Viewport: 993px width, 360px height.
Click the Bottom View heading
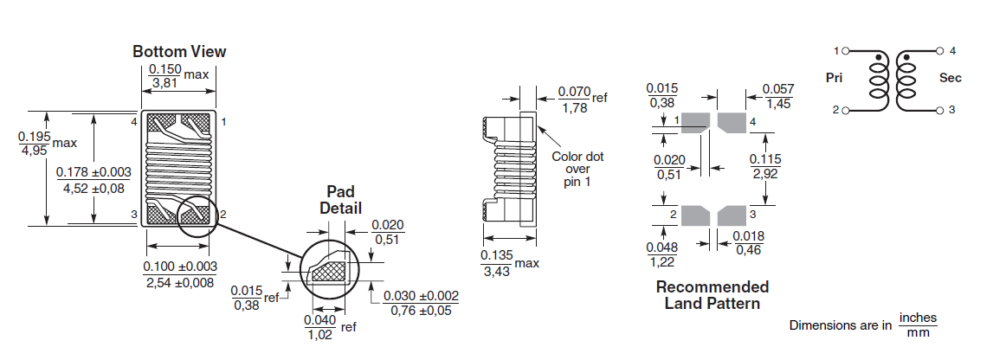[179, 51]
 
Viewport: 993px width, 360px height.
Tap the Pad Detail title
[341, 199]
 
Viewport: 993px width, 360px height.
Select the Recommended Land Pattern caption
[713, 295]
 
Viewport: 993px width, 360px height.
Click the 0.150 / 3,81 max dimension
[178, 75]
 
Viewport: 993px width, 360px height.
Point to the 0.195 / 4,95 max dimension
[47, 143]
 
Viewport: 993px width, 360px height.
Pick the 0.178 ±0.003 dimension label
[93, 172]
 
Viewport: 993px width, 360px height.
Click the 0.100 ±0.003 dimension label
[180, 267]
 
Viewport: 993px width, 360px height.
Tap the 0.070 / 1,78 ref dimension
[582, 100]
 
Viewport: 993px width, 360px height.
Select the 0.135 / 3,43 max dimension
[510, 263]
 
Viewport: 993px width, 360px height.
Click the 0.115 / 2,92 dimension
[765, 166]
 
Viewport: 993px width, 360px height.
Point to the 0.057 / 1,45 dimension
[778, 96]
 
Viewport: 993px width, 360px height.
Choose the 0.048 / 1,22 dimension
[661, 254]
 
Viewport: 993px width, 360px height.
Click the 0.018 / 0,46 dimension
[749, 243]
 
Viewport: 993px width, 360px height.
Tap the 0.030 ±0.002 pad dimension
[421, 304]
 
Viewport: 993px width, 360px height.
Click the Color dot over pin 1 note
[577, 169]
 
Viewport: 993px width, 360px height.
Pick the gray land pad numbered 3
[732, 215]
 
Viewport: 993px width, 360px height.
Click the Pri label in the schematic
[835, 78]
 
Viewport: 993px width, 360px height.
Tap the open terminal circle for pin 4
[940, 50]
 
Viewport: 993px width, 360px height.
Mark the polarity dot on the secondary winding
[907, 58]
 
